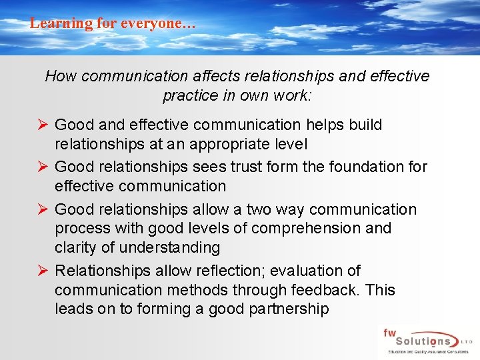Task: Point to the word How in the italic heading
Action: [x=61, y=76]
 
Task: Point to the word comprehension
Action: [x=303, y=228]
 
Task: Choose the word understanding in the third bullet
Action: [x=170, y=247]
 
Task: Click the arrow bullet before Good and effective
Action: [x=41, y=125]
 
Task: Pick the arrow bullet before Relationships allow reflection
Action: [x=41, y=271]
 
